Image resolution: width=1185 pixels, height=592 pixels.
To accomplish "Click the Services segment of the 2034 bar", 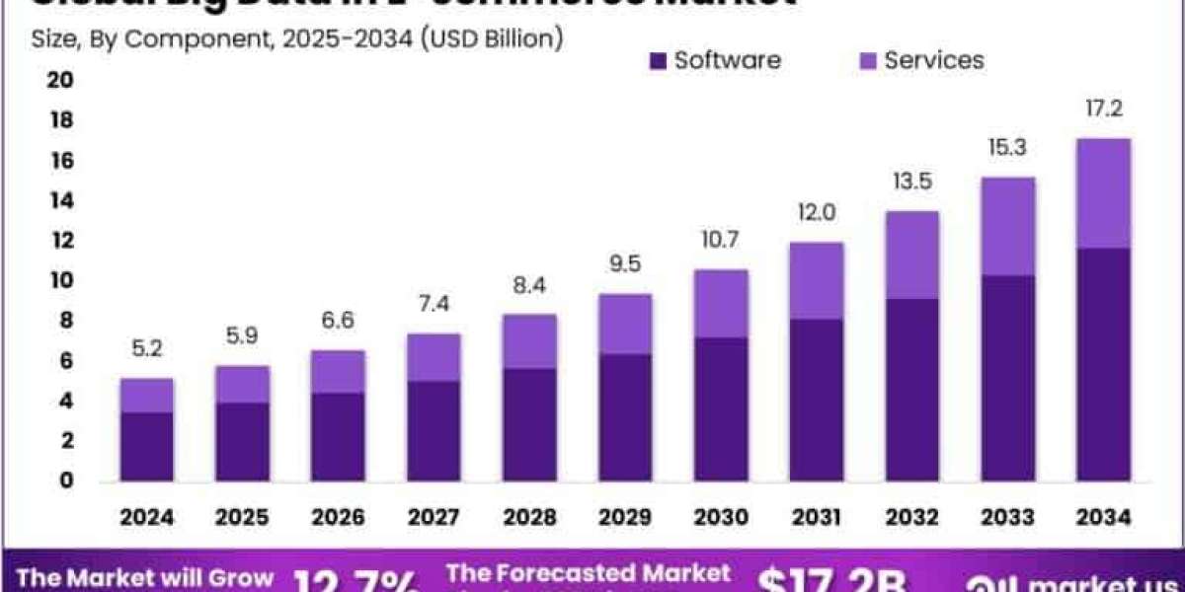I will [1103, 193].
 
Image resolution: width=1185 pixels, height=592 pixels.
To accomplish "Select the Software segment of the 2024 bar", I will [147, 446].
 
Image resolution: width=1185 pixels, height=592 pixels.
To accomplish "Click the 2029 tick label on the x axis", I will [625, 516].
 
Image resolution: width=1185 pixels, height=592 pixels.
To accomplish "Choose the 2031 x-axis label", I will [817, 516].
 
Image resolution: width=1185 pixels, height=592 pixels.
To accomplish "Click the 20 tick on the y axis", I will [61, 80].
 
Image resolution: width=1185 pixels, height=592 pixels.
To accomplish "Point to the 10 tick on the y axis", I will [61, 281].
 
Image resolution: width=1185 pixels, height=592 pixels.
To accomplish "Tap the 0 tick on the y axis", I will [65, 481].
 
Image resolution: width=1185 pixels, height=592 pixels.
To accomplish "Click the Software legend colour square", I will [659, 61].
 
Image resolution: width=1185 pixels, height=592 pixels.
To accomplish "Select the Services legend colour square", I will [868, 61].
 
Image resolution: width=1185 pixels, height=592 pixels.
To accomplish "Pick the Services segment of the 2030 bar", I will [721, 303].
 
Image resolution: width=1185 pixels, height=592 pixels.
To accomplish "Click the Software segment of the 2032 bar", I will [911, 390].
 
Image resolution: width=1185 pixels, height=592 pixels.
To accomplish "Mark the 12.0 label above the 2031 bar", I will [817, 212].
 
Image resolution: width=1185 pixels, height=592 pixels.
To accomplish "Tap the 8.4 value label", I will [529, 285].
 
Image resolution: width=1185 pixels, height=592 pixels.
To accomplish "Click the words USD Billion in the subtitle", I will [495, 38].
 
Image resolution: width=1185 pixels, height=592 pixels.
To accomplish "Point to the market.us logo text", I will [1076, 580].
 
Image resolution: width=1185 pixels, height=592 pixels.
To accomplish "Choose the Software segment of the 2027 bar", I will [434, 431].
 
